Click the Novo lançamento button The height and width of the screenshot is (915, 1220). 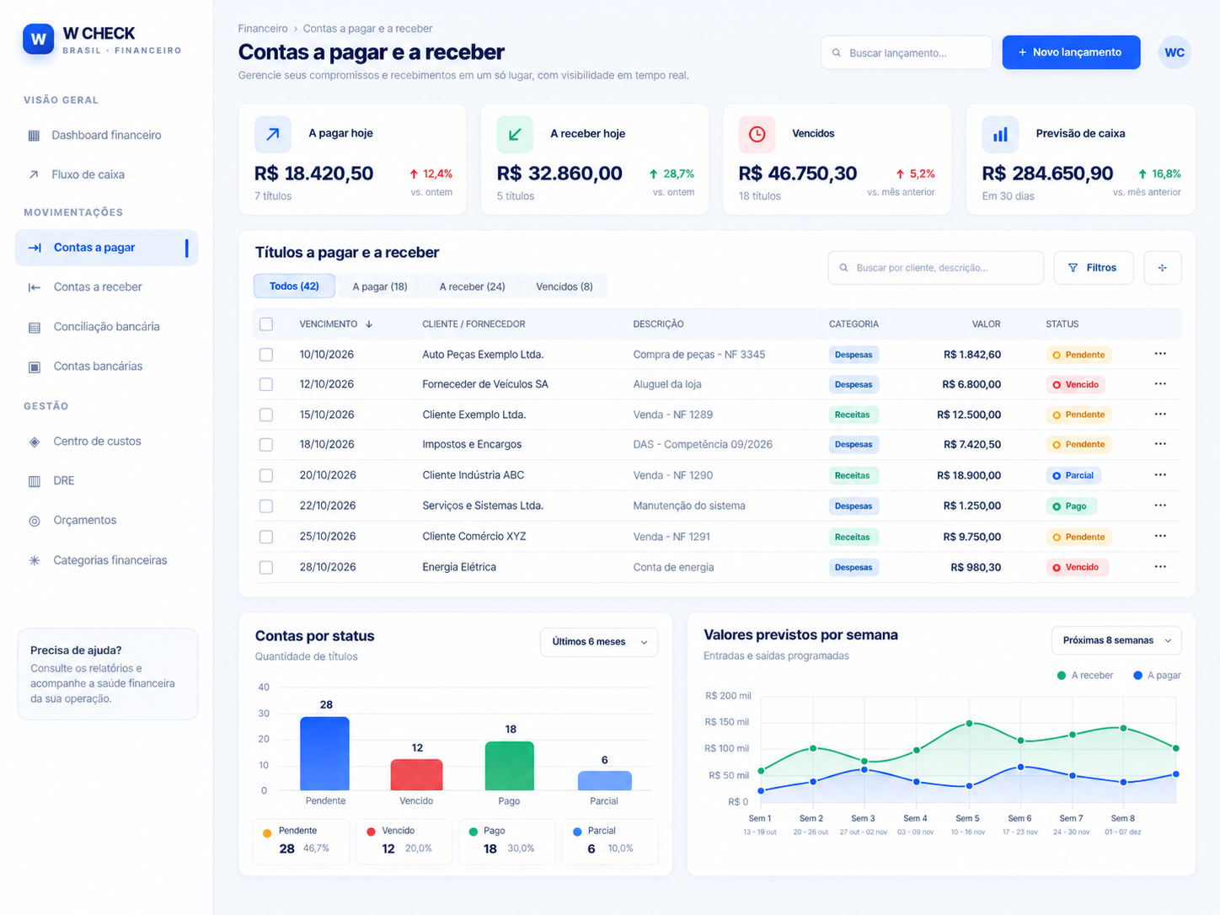point(1071,52)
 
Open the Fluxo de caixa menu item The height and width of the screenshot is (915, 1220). point(88,174)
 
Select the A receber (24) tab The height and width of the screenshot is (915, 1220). point(472,286)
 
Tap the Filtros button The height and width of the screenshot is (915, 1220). point(1093,268)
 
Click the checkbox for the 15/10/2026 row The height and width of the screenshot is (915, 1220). point(266,415)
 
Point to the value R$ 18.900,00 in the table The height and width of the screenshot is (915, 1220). point(969,475)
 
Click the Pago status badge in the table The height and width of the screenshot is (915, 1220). point(1071,506)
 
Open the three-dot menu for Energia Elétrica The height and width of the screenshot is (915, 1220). point(1160,567)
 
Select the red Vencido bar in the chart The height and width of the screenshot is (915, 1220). point(416,774)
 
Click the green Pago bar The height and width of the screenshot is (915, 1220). point(509,766)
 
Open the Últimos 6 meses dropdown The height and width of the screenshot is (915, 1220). point(598,642)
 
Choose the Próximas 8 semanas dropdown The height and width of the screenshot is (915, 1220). point(1116,640)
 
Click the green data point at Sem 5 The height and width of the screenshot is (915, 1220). point(969,724)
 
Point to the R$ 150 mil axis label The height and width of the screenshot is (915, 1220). point(726,722)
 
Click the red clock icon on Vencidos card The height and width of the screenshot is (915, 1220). point(757,134)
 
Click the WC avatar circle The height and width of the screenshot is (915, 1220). point(1174,52)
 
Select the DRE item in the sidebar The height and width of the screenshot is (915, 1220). point(63,480)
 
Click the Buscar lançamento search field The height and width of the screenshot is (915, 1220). point(906,53)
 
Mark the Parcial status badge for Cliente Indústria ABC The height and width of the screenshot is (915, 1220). point(1073,475)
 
